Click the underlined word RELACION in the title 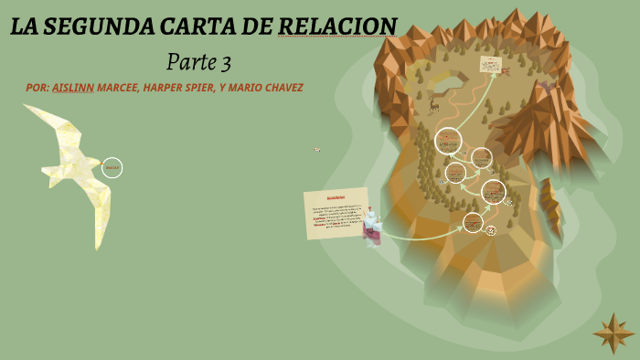(337, 26)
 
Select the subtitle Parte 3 (198, 62)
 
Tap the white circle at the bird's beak (112, 167)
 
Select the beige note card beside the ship (336, 212)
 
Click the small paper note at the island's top (491, 65)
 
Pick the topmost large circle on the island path (448, 141)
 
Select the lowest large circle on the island (473, 222)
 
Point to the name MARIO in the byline (239, 88)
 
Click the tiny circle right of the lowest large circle (491, 230)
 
